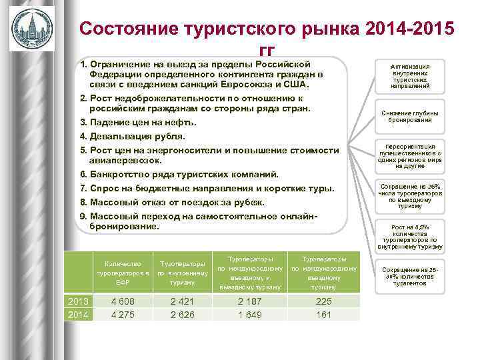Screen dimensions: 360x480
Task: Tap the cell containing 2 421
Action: [181, 301]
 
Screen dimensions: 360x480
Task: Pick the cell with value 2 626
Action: [181, 315]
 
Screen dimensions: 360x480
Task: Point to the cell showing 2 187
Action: [250, 301]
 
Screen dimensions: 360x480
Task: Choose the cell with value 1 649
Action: [250, 315]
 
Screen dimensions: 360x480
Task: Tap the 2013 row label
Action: [78, 301]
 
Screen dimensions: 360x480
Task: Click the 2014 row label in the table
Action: [78, 315]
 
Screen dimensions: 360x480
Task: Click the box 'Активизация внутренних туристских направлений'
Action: [409, 76]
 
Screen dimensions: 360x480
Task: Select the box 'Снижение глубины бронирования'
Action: [409, 117]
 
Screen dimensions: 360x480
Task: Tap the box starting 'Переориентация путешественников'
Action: [409, 157]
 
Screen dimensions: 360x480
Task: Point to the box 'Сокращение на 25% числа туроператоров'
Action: [409, 197]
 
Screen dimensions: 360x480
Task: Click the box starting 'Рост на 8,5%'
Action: [409, 236]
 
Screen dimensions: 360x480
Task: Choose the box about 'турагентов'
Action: [409, 276]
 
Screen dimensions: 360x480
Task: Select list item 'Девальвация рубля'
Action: [133, 136]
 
